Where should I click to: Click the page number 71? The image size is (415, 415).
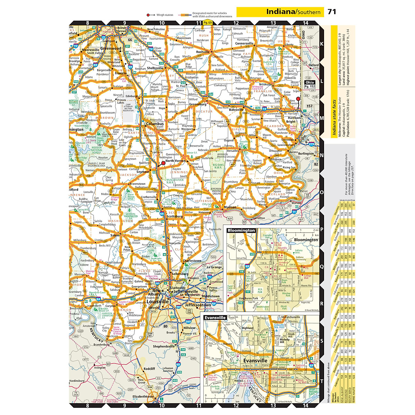[x=332, y=12]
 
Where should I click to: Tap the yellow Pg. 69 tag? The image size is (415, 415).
[x=207, y=22]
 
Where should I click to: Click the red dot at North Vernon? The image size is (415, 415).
[x=164, y=163]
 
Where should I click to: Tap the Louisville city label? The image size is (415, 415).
[x=157, y=302]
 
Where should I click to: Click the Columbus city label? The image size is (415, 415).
[x=155, y=123]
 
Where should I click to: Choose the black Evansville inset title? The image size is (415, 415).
[x=215, y=317]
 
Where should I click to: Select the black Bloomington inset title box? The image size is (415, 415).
[x=241, y=230]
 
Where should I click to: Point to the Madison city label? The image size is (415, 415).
[x=230, y=207]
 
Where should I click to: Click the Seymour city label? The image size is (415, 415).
[x=143, y=172]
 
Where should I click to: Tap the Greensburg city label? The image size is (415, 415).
[x=198, y=104]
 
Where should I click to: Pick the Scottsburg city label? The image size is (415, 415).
[x=175, y=216]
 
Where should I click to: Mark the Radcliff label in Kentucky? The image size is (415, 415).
[x=149, y=369]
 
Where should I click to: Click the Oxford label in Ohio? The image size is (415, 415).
[x=314, y=65]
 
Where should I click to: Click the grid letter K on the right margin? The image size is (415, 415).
[x=321, y=44]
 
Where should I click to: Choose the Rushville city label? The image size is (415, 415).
[x=203, y=52]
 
